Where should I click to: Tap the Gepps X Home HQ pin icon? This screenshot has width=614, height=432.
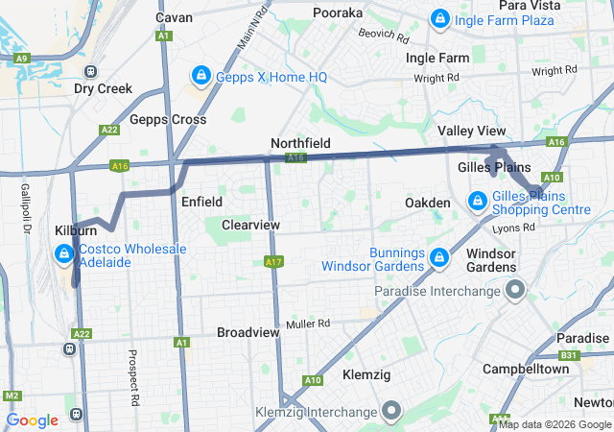pos(201,75)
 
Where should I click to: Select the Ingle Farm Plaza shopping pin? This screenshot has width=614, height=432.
pos(439,19)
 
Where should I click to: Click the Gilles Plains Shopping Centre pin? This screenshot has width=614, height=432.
pos(477,202)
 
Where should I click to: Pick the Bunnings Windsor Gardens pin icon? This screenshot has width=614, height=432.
pos(439,258)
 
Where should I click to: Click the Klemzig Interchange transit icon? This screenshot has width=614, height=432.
pos(391,412)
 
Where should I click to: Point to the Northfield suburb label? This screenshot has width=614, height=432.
pos(300,143)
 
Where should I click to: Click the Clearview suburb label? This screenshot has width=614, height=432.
pos(250,225)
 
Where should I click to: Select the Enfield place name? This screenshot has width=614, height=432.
pos(201,203)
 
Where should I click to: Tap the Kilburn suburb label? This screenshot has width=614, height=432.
pos(76,232)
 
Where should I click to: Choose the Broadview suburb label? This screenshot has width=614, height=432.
pos(248,332)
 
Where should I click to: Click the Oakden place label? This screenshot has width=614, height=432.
pos(427,204)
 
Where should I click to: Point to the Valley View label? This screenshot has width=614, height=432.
pos(471,131)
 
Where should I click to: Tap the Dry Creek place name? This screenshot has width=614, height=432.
pos(103,88)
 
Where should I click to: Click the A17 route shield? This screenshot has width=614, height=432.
pos(273,261)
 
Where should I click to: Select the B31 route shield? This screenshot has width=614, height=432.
pos(570,355)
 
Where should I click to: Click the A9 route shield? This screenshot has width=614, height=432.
pos(21,59)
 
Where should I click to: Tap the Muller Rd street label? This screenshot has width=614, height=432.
pos(307,324)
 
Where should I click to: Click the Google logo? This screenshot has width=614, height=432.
pos(33,420)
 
